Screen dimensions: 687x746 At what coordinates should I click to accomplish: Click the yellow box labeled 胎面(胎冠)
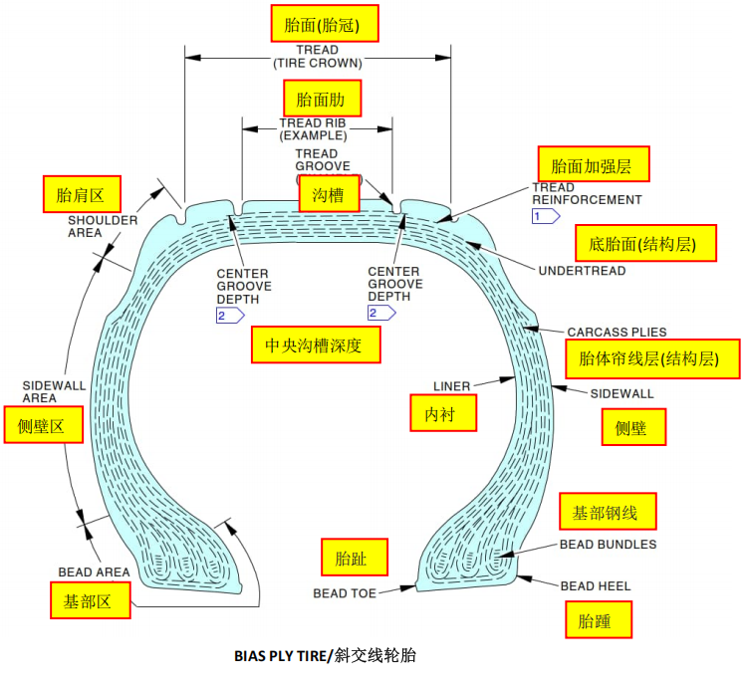(x=312, y=24)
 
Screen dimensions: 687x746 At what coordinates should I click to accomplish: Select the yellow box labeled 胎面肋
(x=322, y=99)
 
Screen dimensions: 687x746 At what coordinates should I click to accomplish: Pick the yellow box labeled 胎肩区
(x=81, y=193)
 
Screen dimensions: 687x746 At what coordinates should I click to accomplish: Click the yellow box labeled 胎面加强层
(x=593, y=164)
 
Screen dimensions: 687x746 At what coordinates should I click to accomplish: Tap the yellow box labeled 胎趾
(x=354, y=557)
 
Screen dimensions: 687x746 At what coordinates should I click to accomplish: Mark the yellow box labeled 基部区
(x=91, y=600)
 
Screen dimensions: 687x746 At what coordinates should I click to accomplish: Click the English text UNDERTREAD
(x=582, y=271)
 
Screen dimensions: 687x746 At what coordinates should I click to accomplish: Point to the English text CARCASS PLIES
(x=617, y=332)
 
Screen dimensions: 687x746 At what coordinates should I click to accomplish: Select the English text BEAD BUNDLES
(x=608, y=545)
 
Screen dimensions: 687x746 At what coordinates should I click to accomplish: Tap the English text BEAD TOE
(x=344, y=593)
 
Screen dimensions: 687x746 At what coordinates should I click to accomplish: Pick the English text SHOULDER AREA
(x=99, y=226)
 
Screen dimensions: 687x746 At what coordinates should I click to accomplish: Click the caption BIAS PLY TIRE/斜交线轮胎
(x=325, y=655)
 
